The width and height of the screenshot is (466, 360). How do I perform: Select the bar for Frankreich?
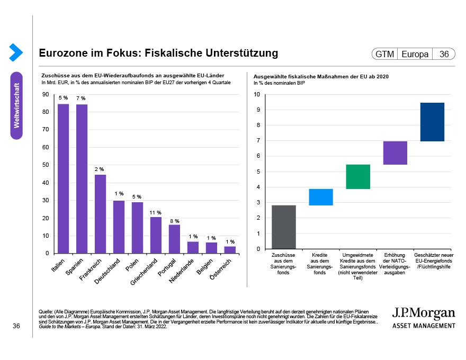101,214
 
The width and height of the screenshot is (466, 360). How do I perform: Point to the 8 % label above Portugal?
175,221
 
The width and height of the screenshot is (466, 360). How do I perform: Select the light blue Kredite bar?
321,197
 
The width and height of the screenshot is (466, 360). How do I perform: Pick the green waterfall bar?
358,177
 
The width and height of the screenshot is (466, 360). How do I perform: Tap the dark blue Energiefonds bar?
432,122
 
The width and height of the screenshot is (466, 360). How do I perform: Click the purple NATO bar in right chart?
395,153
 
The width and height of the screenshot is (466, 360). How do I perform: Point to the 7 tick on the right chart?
257,141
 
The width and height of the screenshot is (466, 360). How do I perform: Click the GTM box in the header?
384,55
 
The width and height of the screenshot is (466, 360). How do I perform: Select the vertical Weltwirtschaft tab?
16,105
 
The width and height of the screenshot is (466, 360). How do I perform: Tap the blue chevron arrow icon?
16,52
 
